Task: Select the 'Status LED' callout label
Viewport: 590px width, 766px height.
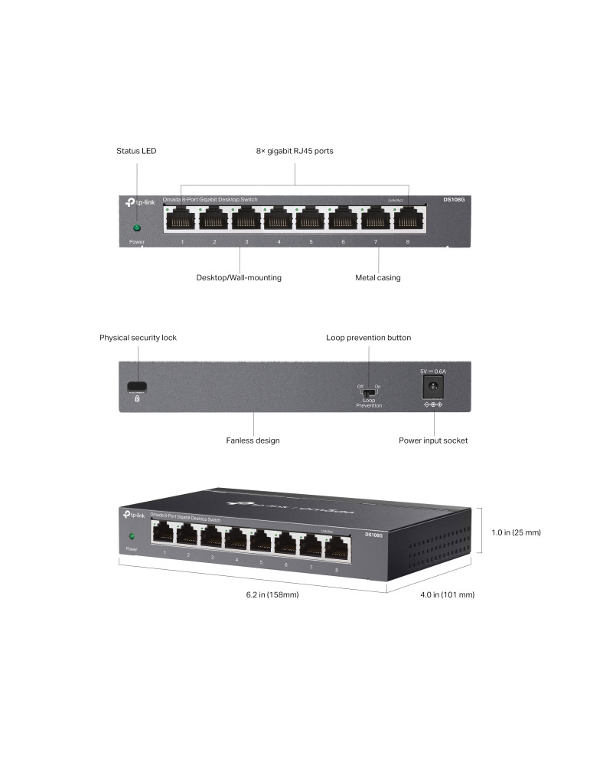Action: pos(136,151)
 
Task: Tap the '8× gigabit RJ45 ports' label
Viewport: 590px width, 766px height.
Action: pos(295,151)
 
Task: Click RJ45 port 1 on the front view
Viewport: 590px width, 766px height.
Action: pos(182,220)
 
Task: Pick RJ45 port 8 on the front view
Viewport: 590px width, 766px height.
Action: pos(407,220)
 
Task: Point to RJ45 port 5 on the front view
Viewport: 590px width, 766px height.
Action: pos(311,220)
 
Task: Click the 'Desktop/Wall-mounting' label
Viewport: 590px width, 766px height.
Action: pos(239,277)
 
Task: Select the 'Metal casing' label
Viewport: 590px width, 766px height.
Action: pos(378,277)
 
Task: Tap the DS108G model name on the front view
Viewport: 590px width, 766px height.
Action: pos(454,201)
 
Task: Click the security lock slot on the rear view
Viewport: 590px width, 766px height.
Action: pos(137,385)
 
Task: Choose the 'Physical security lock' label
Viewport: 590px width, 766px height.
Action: pos(138,337)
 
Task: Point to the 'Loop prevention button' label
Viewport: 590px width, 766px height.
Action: pos(368,337)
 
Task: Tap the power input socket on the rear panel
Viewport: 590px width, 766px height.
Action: pos(433,387)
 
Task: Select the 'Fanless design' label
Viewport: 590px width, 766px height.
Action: pos(253,440)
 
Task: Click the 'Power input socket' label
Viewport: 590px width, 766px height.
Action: pos(433,440)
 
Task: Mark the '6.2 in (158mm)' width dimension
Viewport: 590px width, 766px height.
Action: pos(267,594)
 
